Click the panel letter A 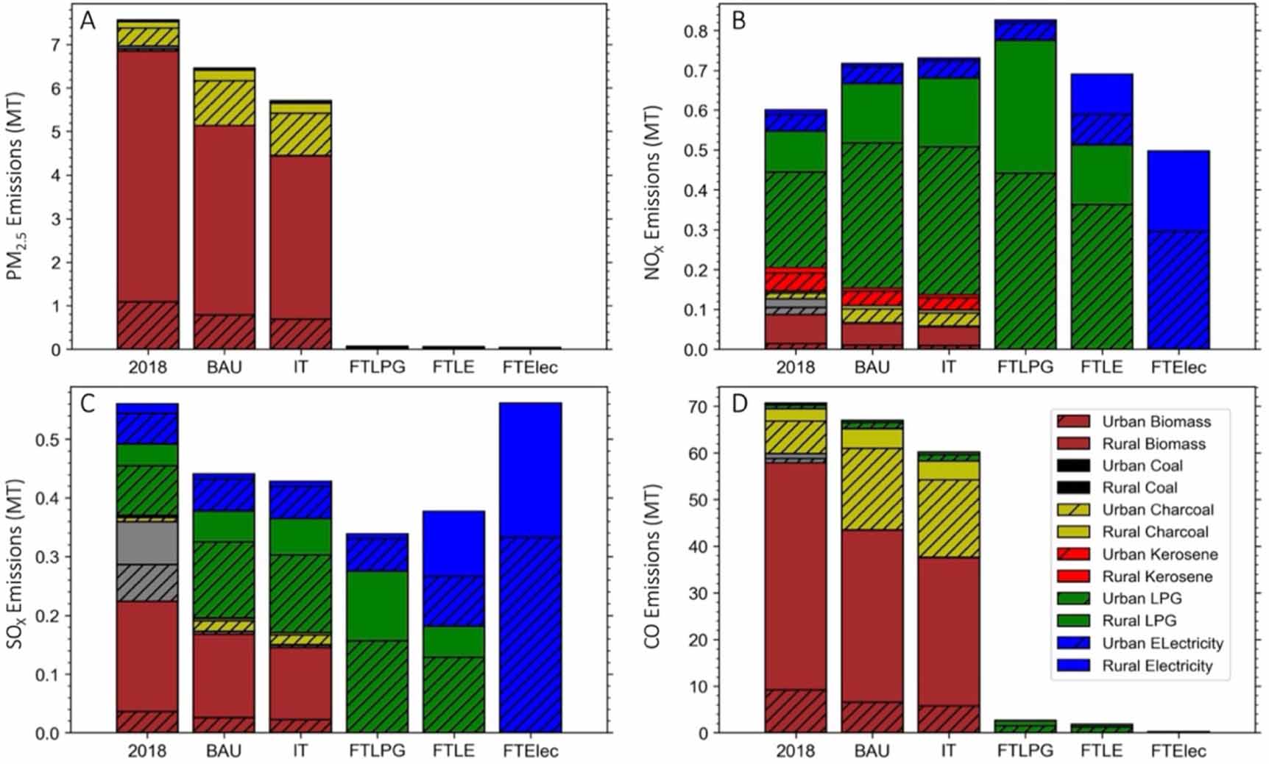[88, 21]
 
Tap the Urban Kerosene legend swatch [1072, 554]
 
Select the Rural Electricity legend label [1157, 665]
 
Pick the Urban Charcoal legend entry [1158, 510]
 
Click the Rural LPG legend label [1139, 621]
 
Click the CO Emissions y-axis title [652, 566]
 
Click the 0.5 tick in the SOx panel [49, 440]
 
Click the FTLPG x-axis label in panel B [1025, 367]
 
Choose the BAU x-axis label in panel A [224, 367]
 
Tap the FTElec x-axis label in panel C [530, 751]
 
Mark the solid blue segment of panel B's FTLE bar [1101, 93]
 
